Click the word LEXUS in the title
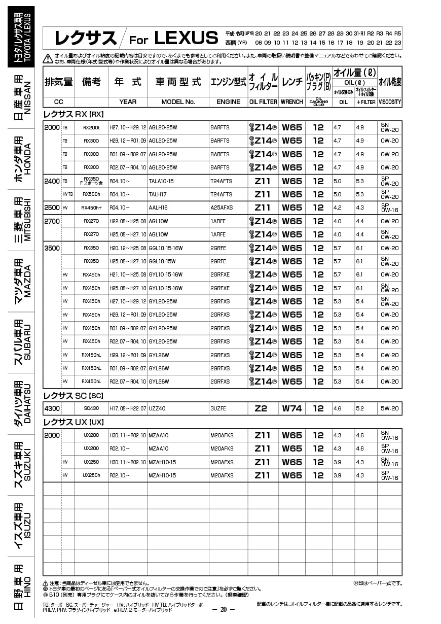[185, 38]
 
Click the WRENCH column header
[292, 101]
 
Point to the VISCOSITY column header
[389, 101]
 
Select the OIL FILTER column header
[263, 101]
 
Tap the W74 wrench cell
[292, 408]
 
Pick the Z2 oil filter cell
[261, 408]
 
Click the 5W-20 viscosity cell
[390, 408]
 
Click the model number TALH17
[158, 194]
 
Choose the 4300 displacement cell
[52, 408]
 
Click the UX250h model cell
[91, 475]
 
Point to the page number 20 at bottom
[223, 609]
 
